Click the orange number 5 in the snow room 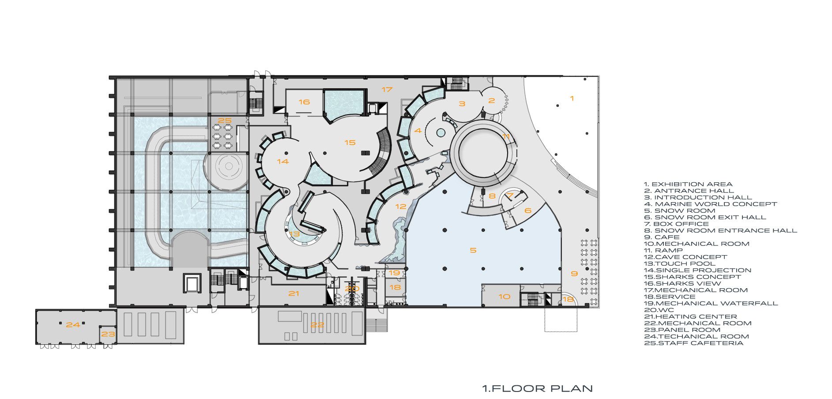473,250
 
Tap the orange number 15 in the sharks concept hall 350,143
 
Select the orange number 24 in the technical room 73,325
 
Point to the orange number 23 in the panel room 108,334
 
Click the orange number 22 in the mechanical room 317,325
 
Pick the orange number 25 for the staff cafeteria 225,120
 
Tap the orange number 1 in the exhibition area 572,98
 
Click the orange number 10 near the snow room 504,297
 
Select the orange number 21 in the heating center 294,294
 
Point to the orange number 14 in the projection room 283,162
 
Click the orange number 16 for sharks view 304,102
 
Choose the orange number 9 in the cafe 574,274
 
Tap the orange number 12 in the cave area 401,206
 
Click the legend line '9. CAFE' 662,237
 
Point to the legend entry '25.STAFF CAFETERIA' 693,343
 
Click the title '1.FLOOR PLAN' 537,388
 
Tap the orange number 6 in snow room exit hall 528,211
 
